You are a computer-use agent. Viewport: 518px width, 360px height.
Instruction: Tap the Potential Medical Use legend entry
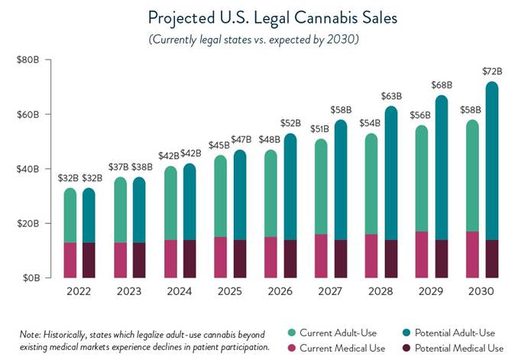[450, 347]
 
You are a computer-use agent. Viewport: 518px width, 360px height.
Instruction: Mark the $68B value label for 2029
[441, 85]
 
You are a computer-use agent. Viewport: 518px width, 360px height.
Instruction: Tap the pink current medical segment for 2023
[121, 260]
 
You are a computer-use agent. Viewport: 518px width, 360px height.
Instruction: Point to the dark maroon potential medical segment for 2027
[341, 259]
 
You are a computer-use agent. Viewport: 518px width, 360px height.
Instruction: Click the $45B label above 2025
[220, 145]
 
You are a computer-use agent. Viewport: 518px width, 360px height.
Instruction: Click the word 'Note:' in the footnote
[31, 333]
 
